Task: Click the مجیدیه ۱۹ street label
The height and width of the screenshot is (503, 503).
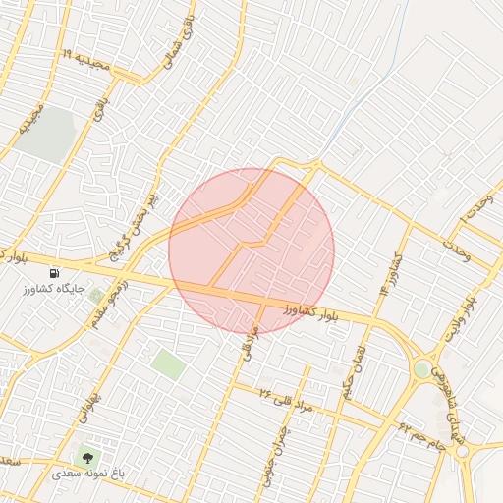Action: (x=94, y=61)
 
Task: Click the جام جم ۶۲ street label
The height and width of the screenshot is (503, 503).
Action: (x=423, y=433)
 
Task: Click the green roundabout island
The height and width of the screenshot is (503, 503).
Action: (x=422, y=370)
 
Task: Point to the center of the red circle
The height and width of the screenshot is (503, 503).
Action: (x=251, y=251)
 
